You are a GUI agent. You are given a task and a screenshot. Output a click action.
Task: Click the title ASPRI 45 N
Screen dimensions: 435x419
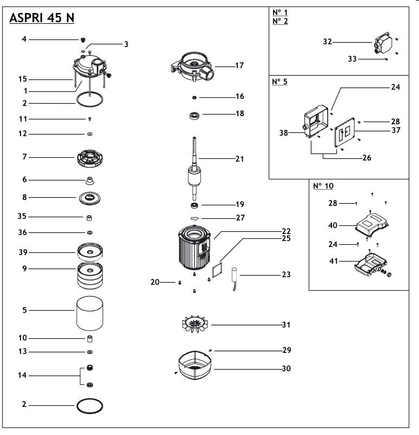[42, 18]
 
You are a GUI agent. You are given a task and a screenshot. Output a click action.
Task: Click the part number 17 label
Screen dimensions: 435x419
[240, 65]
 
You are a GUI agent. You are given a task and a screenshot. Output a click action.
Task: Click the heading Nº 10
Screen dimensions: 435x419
[323, 186]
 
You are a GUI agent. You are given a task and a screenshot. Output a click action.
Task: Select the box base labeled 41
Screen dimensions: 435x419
[372, 264]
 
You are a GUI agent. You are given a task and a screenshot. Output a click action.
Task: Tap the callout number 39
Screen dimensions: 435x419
[24, 252]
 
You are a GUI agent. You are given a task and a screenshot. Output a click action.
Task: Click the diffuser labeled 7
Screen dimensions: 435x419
[90, 157]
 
